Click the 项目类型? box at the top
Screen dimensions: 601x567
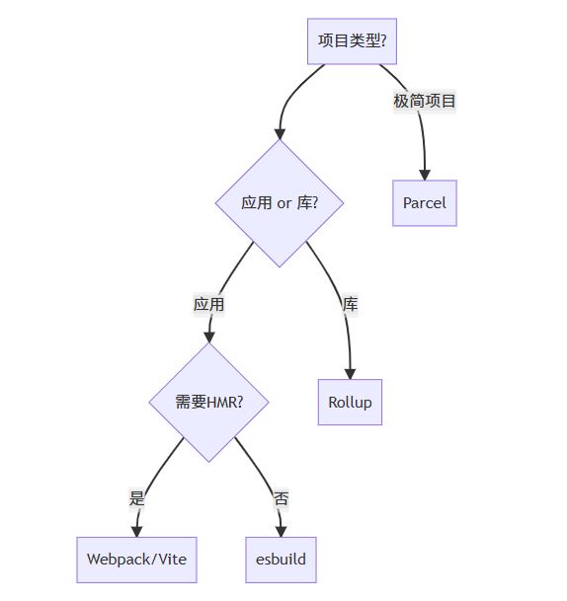click(x=353, y=40)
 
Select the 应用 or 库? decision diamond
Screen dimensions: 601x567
click(x=280, y=203)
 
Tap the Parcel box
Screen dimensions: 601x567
click(x=425, y=203)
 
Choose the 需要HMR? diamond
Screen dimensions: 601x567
click(x=209, y=402)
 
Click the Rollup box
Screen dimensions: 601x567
click(x=350, y=402)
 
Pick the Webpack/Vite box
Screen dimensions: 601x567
click(x=136, y=560)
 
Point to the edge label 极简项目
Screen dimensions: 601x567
click(x=425, y=102)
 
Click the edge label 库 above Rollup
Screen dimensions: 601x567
click(x=350, y=304)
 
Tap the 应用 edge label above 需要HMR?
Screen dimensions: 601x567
click(x=208, y=304)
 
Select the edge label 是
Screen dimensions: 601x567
click(x=137, y=498)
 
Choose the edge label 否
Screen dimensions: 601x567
click(x=282, y=498)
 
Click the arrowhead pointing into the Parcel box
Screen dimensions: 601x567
click(x=425, y=174)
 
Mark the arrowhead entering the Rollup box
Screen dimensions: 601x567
click(x=350, y=372)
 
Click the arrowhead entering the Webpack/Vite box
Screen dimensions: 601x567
click(x=136, y=530)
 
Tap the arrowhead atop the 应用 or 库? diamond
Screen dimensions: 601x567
click(x=280, y=132)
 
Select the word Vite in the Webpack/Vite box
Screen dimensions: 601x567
click(x=169, y=560)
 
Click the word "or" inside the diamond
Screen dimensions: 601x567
click(x=284, y=203)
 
